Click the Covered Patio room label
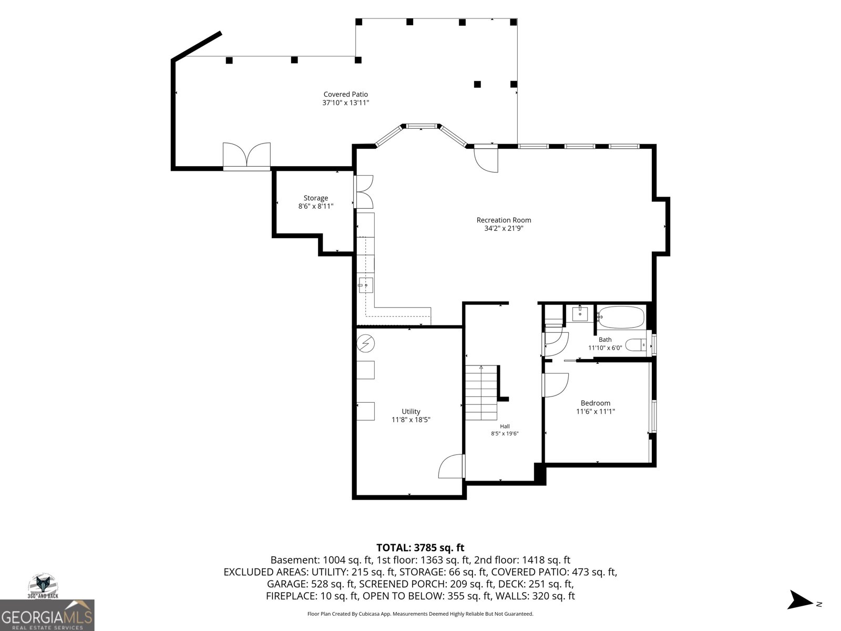click(x=345, y=94)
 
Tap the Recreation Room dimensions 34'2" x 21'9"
click(x=504, y=228)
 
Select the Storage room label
click(x=316, y=198)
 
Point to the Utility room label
click(x=411, y=412)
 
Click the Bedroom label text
click(x=596, y=403)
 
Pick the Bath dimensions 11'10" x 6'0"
click(x=605, y=348)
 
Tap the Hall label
click(x=505, y=426)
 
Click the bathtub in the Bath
click(x=621, y=317)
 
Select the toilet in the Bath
click(x=636, y=345)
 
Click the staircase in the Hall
click(x=481, y=393)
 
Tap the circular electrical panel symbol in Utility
click(x=365, y=343)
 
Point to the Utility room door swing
click(x=452, y=466)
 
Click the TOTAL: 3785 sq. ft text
click(x=420, y=548)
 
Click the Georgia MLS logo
click(x=47, y=615)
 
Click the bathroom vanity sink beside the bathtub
click(x=580, y=314)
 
